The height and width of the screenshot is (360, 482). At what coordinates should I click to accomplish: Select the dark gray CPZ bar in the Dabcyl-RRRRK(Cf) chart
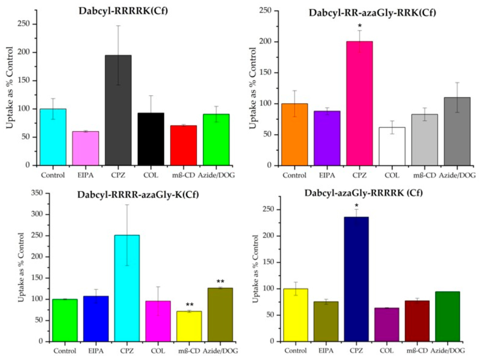(x=118, y=110)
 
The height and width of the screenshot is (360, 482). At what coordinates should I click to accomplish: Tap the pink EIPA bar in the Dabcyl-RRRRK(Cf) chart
(x=86, y=149)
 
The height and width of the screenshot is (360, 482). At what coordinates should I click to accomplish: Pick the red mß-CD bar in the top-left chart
(x=183, y=145)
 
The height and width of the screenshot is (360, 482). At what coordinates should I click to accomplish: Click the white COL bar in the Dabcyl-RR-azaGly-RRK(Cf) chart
(x=392, y=146)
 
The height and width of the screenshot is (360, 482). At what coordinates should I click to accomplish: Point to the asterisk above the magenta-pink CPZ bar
(x=360, y=26)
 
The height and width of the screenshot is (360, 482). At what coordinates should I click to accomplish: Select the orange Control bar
(x=294, y=135)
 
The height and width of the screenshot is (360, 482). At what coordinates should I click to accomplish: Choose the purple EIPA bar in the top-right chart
(x=327, y=138)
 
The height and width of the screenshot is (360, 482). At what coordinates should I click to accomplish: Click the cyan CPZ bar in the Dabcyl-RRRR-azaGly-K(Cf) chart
(x=127, y=288)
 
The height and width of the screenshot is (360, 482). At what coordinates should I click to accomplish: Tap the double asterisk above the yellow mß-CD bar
(x=190, y=305)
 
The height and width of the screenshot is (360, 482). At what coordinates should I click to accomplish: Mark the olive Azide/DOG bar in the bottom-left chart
(x=220, y=315)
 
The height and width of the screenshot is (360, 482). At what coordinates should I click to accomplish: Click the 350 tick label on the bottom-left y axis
(x=37, y=193)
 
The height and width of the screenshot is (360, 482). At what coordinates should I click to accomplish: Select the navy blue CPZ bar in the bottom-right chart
(x=357, y=279)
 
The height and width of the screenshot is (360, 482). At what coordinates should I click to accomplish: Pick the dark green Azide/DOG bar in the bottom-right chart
(x=447, y=316)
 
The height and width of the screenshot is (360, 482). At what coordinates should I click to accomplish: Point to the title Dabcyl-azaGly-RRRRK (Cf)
(x=363, y=193)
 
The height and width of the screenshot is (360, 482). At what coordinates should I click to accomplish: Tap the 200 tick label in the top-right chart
(x=266, y=42)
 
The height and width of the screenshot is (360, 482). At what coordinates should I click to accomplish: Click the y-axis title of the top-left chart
(x=9, y=88)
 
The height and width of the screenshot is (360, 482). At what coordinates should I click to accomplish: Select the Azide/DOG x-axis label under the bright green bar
(x=216, y=175)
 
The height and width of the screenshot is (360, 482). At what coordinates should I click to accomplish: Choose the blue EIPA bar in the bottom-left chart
(x=96, y=319)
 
